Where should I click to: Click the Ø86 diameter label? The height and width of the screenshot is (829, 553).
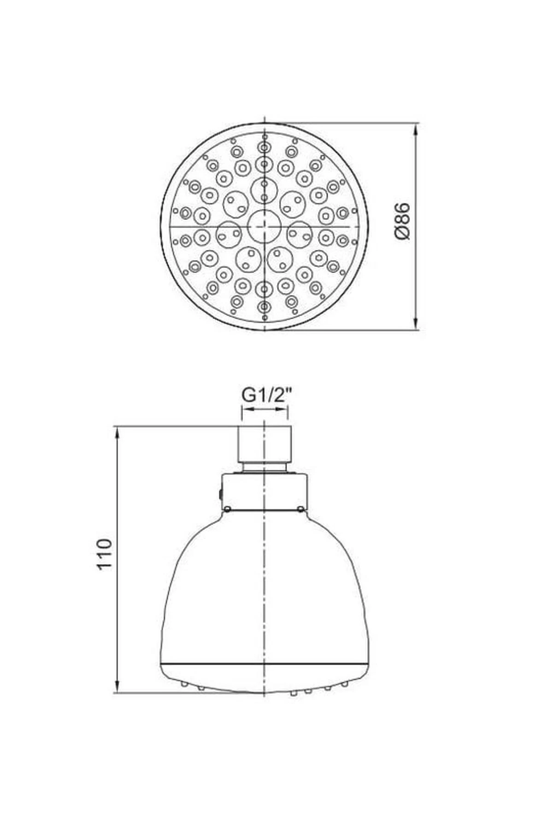[402, 221]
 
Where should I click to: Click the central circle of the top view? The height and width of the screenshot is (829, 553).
[264, 226]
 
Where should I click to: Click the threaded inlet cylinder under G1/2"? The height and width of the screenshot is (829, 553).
[265, 444]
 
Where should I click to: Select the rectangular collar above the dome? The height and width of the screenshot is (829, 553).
[264, 491]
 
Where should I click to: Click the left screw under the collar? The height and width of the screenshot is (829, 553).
[227, 508]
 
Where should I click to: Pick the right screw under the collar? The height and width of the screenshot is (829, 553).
[300, 508]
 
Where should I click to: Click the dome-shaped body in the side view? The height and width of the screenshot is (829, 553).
[264, 590]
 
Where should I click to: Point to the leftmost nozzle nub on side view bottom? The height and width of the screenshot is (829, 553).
[184, 684]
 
